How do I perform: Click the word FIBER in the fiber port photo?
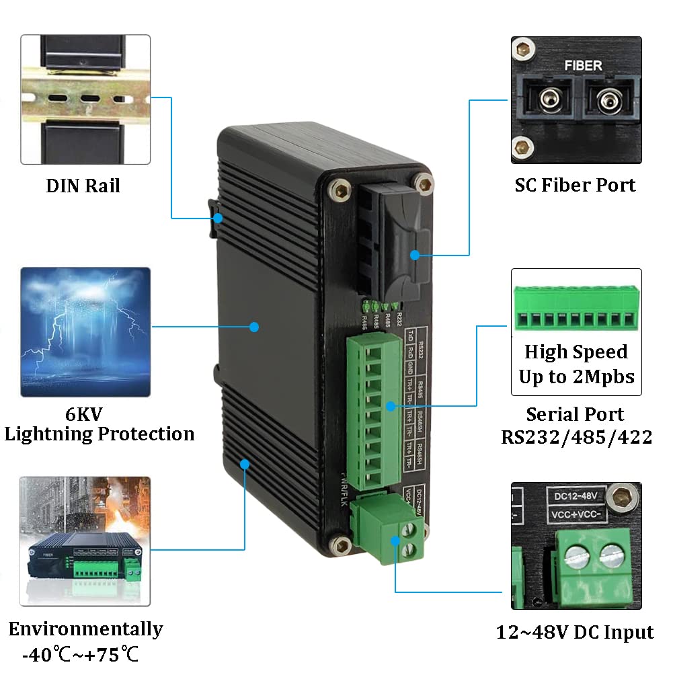582,66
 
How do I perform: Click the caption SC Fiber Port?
575,185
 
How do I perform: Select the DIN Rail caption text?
83,186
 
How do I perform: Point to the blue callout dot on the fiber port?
415,255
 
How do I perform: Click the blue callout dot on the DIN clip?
219,217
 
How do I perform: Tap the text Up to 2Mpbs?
576,377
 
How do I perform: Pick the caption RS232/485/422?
576,437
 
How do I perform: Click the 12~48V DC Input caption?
575,632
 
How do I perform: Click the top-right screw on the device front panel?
423,184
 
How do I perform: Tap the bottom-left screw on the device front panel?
344,545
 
